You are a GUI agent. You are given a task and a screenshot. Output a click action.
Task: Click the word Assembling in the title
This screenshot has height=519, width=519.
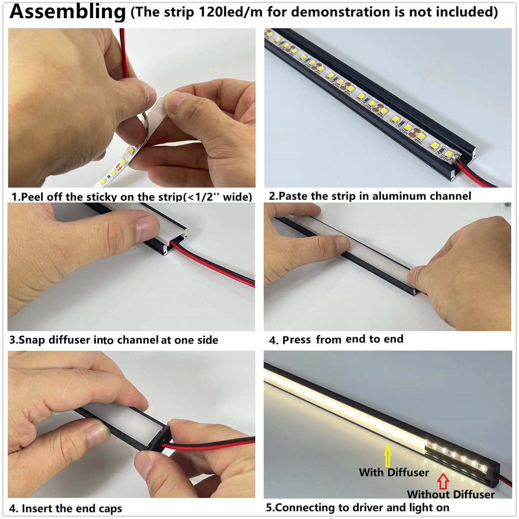[x=67, y=12]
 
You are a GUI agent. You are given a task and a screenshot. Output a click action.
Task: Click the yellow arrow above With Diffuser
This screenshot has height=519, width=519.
[x=388, y=455]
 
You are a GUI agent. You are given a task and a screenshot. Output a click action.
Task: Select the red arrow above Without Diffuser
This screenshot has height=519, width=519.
[x=443, y=481]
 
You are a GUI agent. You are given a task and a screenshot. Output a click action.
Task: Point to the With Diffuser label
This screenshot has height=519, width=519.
[x=394, y=472]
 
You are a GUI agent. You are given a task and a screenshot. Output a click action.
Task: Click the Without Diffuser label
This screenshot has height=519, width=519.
[x=451, y=494]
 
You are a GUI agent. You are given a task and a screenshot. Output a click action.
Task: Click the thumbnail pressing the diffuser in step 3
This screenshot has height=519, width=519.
[x=147, y=228]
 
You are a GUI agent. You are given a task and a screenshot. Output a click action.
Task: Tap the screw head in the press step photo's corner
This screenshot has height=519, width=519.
[x=507, y=205]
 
